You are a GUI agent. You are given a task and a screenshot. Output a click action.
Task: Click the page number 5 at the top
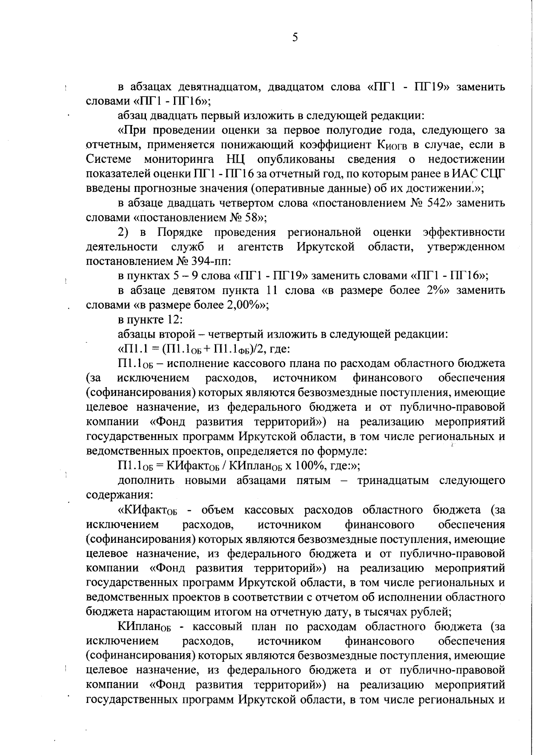tap(295, 38)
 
